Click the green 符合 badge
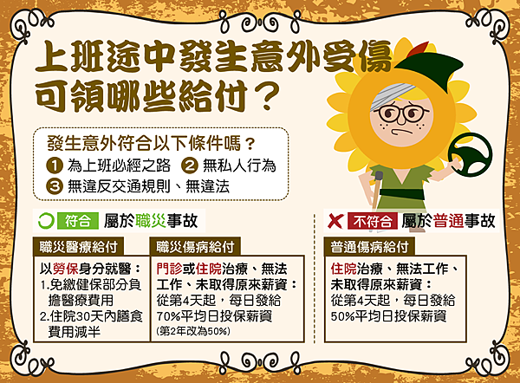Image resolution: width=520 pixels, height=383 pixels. (x=78, y=221)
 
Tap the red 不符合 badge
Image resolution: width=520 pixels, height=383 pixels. (x=373, y=221)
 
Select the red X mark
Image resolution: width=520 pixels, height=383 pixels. (x=335, y=221)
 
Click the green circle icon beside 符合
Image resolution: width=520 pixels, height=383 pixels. (x=46, y=221)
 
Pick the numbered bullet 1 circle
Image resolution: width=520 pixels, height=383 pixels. (x=55, y=166)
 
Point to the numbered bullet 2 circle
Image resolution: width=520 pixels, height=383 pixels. (x=190, y=166)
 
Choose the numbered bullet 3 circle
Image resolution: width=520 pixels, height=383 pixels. (x=55, y=186)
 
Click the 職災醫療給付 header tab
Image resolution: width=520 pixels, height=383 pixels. (x=78, y=247)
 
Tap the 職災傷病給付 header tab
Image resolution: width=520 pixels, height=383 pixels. (x=195, y=247)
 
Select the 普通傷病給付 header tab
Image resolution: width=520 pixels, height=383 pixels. (x=369, y=247)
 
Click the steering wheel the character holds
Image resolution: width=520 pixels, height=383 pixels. (x=471, y=154)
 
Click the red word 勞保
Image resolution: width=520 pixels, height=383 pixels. (x=65, y=269)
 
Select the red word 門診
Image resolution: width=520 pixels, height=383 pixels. (x=170, y=269)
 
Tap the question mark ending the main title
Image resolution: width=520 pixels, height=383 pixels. (x=268, y=96)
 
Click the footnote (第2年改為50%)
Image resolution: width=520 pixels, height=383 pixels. (x=193, y=331)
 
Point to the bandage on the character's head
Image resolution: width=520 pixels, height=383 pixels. (x=392, y=94)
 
